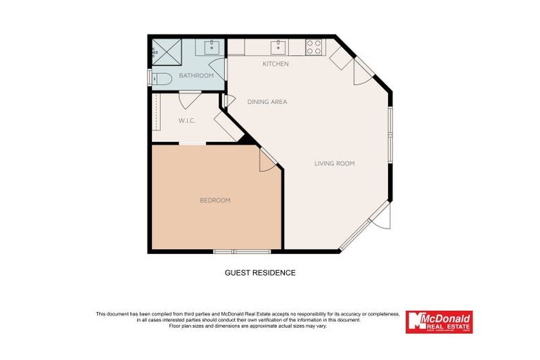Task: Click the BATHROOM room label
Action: coord(196,75)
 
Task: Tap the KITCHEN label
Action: coord(276,64)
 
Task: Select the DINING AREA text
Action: coord(267,102)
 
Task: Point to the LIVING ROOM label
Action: coord(334,163)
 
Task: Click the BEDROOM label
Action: coord(215,200)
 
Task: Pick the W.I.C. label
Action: coord(186,121)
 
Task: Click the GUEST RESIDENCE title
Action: coord(259,273)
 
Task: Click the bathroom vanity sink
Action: coord(211,47)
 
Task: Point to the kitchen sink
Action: coord(278,47)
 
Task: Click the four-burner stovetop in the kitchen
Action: coord(314,47)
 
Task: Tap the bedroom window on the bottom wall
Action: coord(242,251)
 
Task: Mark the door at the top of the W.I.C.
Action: coord(190,98)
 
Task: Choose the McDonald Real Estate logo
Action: coord(439,321)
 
